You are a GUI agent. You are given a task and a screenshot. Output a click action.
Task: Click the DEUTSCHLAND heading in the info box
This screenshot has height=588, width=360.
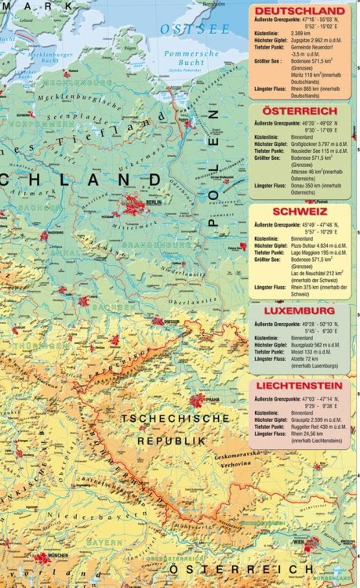(300, 11)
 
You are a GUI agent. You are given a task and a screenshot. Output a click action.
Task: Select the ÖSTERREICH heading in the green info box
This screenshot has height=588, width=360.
(300, 112)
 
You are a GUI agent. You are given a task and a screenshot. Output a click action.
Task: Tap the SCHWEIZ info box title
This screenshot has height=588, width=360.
(300, 212)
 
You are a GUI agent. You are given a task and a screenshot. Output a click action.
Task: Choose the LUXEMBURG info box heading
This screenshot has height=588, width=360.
(300, 310)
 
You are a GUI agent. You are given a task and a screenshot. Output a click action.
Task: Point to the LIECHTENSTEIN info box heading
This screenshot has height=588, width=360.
(300, 387)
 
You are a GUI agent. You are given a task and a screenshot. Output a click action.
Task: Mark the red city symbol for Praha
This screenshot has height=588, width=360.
(196, 401)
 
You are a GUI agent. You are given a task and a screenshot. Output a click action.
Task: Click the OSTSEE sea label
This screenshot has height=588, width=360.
(186, 29)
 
